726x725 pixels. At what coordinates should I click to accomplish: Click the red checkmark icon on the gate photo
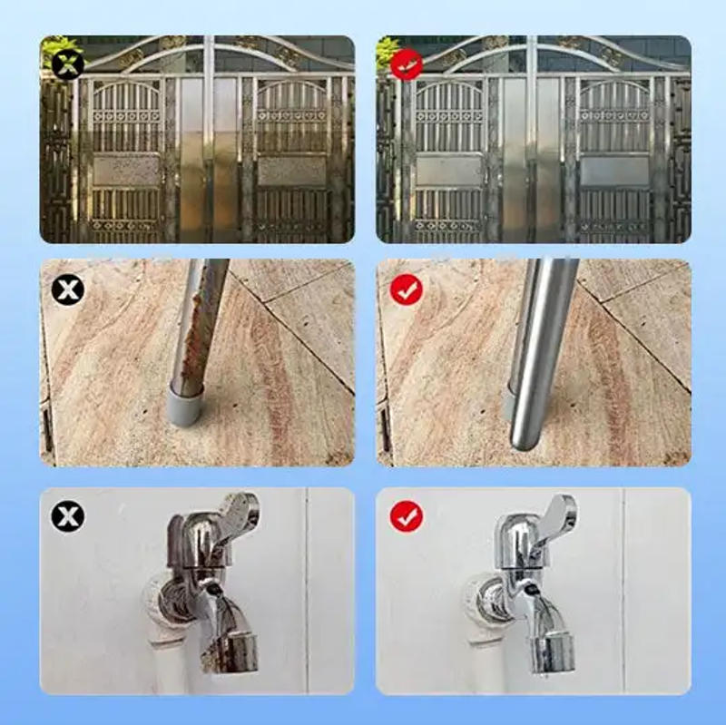tap(407, 64)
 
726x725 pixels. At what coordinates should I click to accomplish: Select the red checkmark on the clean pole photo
tap(407, 290)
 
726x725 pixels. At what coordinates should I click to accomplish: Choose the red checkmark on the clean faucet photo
tap(407, 517)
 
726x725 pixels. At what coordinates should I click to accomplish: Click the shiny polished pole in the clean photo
tap(541, 354)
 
